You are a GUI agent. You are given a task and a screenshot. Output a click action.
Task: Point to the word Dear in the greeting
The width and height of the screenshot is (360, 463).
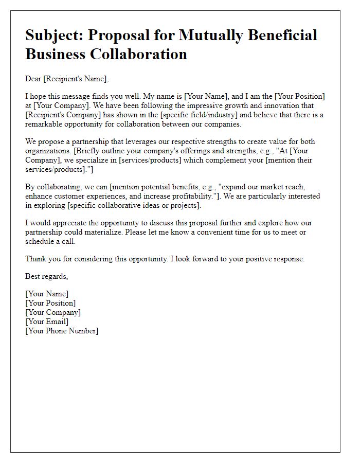[x=33, y=79]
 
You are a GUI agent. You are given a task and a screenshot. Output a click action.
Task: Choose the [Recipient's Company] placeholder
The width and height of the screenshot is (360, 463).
[x=58, y=115]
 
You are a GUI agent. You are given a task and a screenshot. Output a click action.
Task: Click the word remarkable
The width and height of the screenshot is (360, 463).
[x=45, y=124]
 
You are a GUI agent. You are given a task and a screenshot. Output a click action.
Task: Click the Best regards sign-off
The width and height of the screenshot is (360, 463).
[x=46, y=276]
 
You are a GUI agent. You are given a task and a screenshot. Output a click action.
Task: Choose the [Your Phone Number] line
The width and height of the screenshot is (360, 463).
[x=62, y=331]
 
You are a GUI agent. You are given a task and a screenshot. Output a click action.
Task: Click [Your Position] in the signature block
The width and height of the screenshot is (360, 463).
[x=50, y=303]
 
